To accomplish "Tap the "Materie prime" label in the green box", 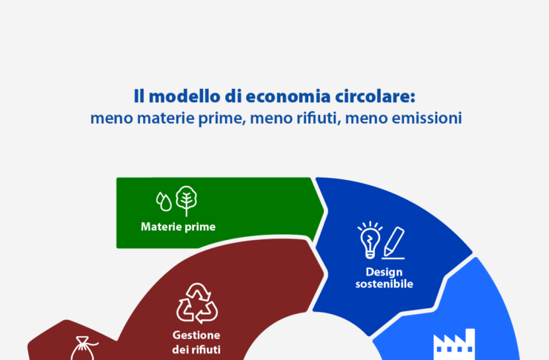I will point(178,227).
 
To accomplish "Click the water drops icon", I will point(164,201).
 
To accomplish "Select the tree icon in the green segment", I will point(186,201).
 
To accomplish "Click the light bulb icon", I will point(369,238).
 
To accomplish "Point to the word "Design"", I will point(384,272).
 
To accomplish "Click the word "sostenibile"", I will point(384,284).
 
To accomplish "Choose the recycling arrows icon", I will point(196,303).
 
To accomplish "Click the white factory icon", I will point(453,345).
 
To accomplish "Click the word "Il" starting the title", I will point(138,96).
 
